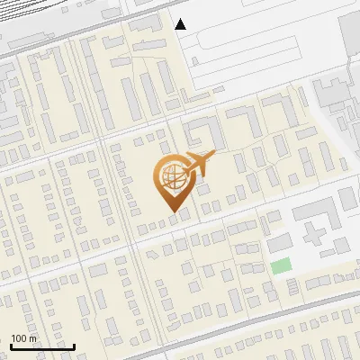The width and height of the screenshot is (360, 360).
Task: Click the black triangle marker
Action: click(181, 23)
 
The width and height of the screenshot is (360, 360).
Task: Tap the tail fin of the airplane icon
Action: click(184, 164)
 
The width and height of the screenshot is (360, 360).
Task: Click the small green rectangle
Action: click(282, 265)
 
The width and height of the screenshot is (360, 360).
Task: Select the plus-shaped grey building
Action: click(316, 230)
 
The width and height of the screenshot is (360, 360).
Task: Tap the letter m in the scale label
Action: click(32, 338)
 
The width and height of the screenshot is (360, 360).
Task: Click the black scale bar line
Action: click(41, 346)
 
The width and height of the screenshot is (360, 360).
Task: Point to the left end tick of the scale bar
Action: click(10, 345)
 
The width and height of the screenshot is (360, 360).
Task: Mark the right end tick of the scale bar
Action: click(74, 345)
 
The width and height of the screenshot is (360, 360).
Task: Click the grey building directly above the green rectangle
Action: click(280, 242)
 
